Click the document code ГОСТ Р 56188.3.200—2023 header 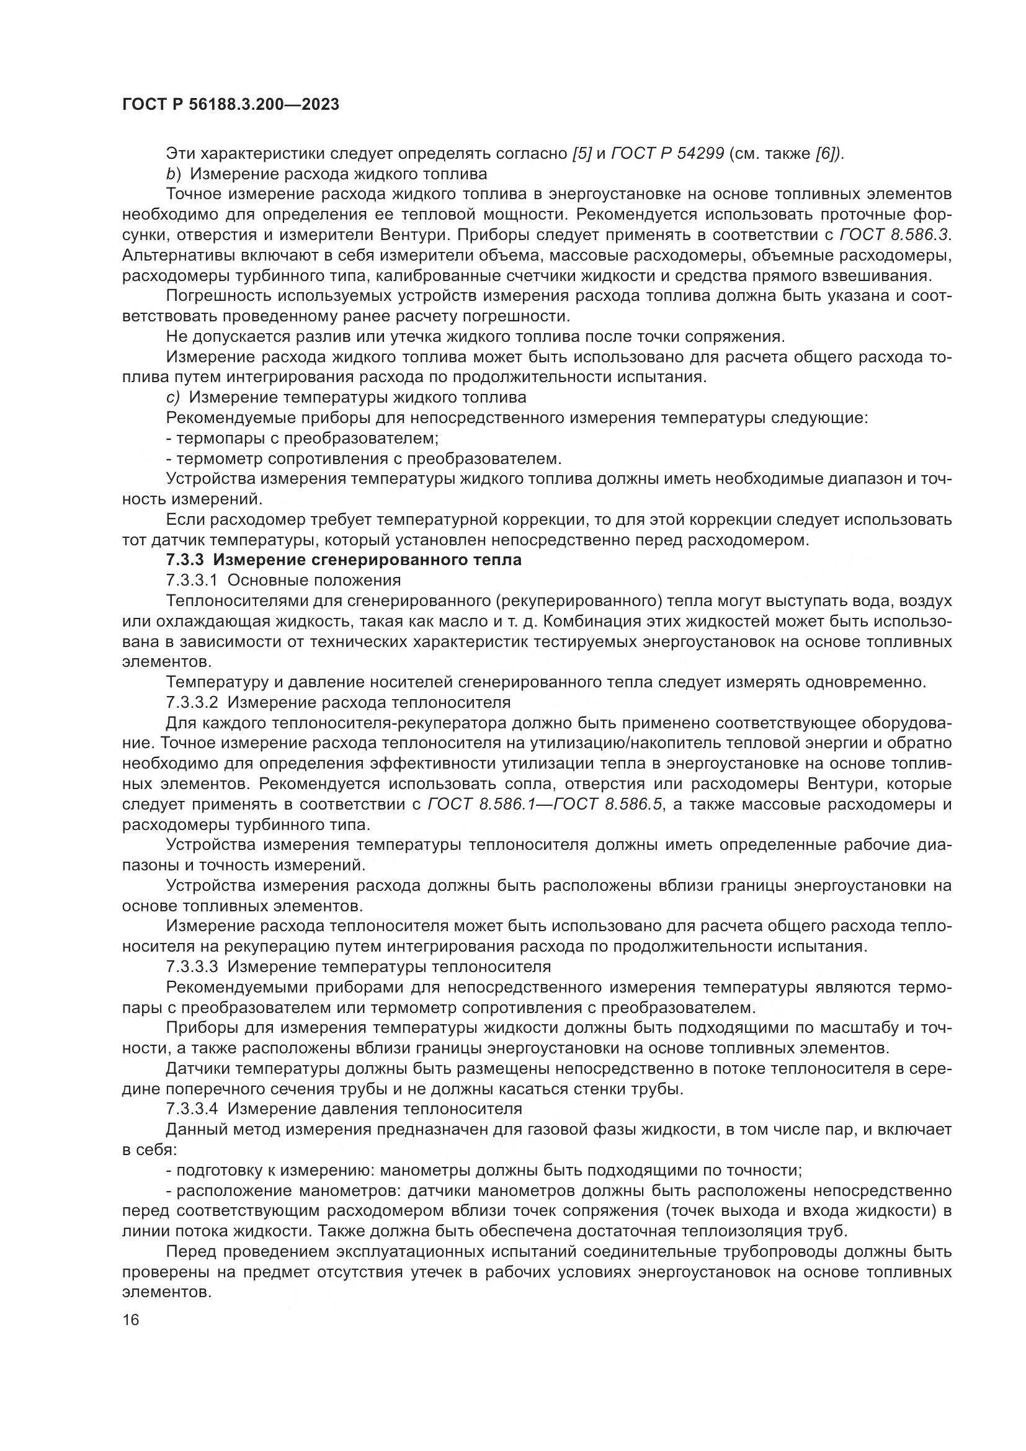pyautogui.click(x=231, y=105)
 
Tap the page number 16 pyautogui.click(x=131, y=1320)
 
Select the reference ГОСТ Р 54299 pyautogui.click(x=668, y=154)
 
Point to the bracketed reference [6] pyautogui.click(x=829, y=154)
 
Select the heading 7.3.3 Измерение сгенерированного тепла pyautogui.click(x=344, y=560)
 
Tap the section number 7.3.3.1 pyautogui.click(x=192, y=580)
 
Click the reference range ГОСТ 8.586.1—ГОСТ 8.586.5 pyautogui.click(x=546, y=805)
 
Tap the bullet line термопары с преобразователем pyautogui.click(x=302, y=438)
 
